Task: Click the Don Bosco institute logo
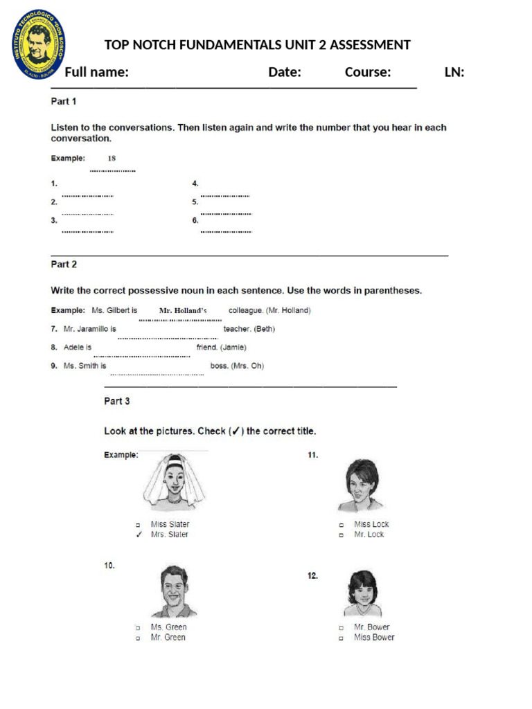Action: (x=39, y=44)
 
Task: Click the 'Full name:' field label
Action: (x=96, y=72)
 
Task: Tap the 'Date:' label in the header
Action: (x=284, y=72)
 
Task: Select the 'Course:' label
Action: (x=368, y=72)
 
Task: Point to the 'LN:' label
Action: (x=454, y=72)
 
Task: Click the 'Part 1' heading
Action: (x=64, y=101)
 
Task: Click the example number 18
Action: (x=112, y=159)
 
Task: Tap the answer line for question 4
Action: (x=225, y=196)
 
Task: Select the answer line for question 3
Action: (x=87, y=231)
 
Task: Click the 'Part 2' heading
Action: (x=64, y=264)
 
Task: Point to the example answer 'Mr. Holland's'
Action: (x=183, y=311)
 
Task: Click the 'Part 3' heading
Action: (x=116, y=401)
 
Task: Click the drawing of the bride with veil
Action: (x=175, y=483)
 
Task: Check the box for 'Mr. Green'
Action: (x=139, y=638)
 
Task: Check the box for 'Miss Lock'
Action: (x=341, y=525)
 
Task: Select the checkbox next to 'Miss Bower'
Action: (x=341, y=638)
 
